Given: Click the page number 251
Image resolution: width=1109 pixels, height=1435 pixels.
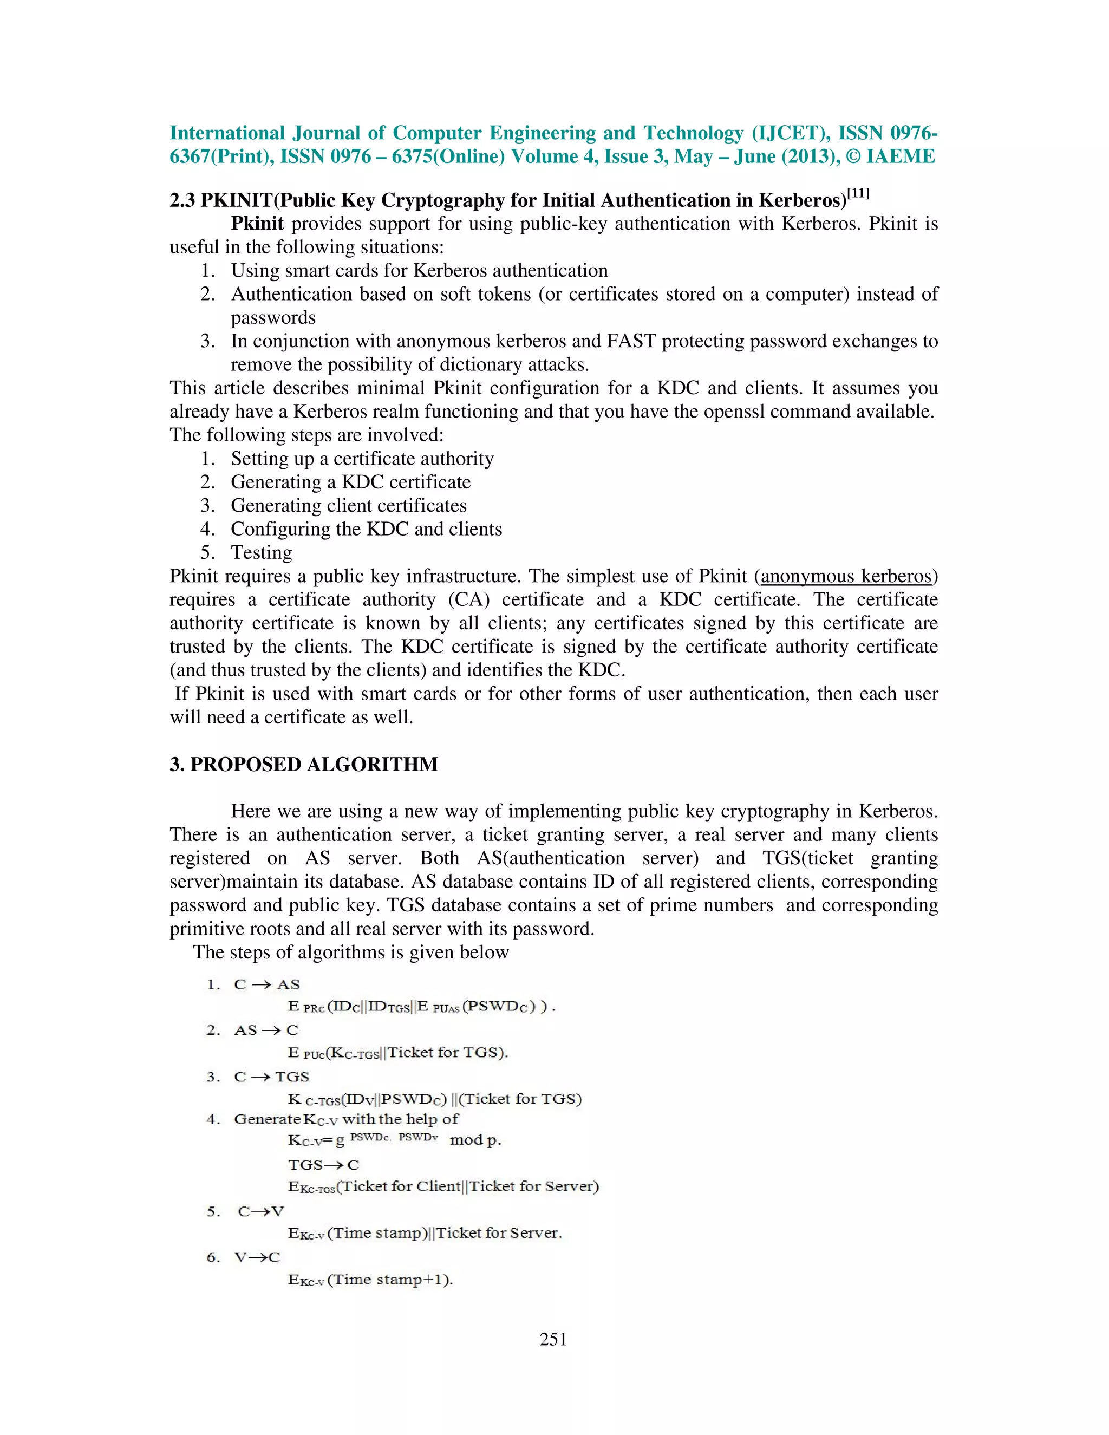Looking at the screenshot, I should [553, 1339].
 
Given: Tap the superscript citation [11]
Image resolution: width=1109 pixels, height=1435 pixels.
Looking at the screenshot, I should [858, 194].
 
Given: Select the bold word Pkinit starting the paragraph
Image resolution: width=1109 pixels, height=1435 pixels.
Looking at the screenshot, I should [257, 224].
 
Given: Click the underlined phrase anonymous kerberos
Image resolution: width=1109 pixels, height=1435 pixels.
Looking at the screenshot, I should [846, 576].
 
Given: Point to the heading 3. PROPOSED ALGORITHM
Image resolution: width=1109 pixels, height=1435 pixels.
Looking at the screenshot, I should [304, 764].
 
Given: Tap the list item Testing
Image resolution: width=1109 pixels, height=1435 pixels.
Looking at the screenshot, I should [262, 552].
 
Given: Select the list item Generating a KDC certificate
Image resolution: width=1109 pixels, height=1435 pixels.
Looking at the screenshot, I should [350, 482].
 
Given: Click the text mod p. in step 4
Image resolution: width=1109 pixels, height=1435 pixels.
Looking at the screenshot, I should [475, 1140].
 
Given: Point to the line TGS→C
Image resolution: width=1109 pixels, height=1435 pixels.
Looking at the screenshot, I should [323, 1165].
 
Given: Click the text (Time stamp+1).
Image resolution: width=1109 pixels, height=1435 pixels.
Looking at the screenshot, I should [390, 1279].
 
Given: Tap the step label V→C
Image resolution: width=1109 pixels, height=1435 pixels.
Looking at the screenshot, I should [257, 1257].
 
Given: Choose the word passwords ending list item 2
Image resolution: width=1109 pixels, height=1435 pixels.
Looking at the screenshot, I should [273, 318].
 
